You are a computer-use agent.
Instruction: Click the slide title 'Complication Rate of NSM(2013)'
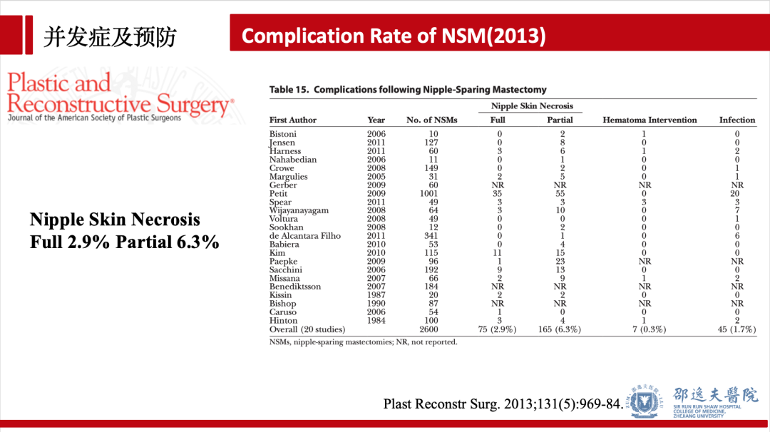click(394, 36)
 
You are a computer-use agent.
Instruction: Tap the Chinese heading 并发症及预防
click(110, 36)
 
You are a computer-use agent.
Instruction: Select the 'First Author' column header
click(292, 120)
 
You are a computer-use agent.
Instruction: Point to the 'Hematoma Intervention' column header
click(650, 120)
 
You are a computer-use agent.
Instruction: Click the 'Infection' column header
click(736, 120)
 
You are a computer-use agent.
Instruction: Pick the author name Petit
click(279, 193)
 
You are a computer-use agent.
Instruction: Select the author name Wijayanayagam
click(299, 210)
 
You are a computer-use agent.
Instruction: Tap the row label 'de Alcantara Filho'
click(304, 236)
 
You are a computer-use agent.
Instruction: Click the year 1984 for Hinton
click(376, 321)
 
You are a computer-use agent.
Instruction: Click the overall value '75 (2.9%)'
click(498, 329)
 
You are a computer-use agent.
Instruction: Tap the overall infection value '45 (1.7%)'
click(736, 329)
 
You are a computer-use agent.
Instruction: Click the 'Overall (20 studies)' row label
click(307, 329)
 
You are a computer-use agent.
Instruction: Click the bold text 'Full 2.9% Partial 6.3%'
click(124, 242)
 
